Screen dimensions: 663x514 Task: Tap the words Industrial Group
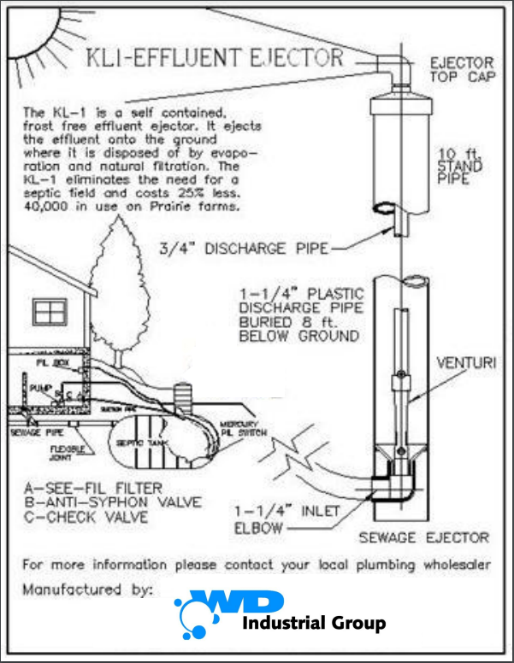click(314, 623)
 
